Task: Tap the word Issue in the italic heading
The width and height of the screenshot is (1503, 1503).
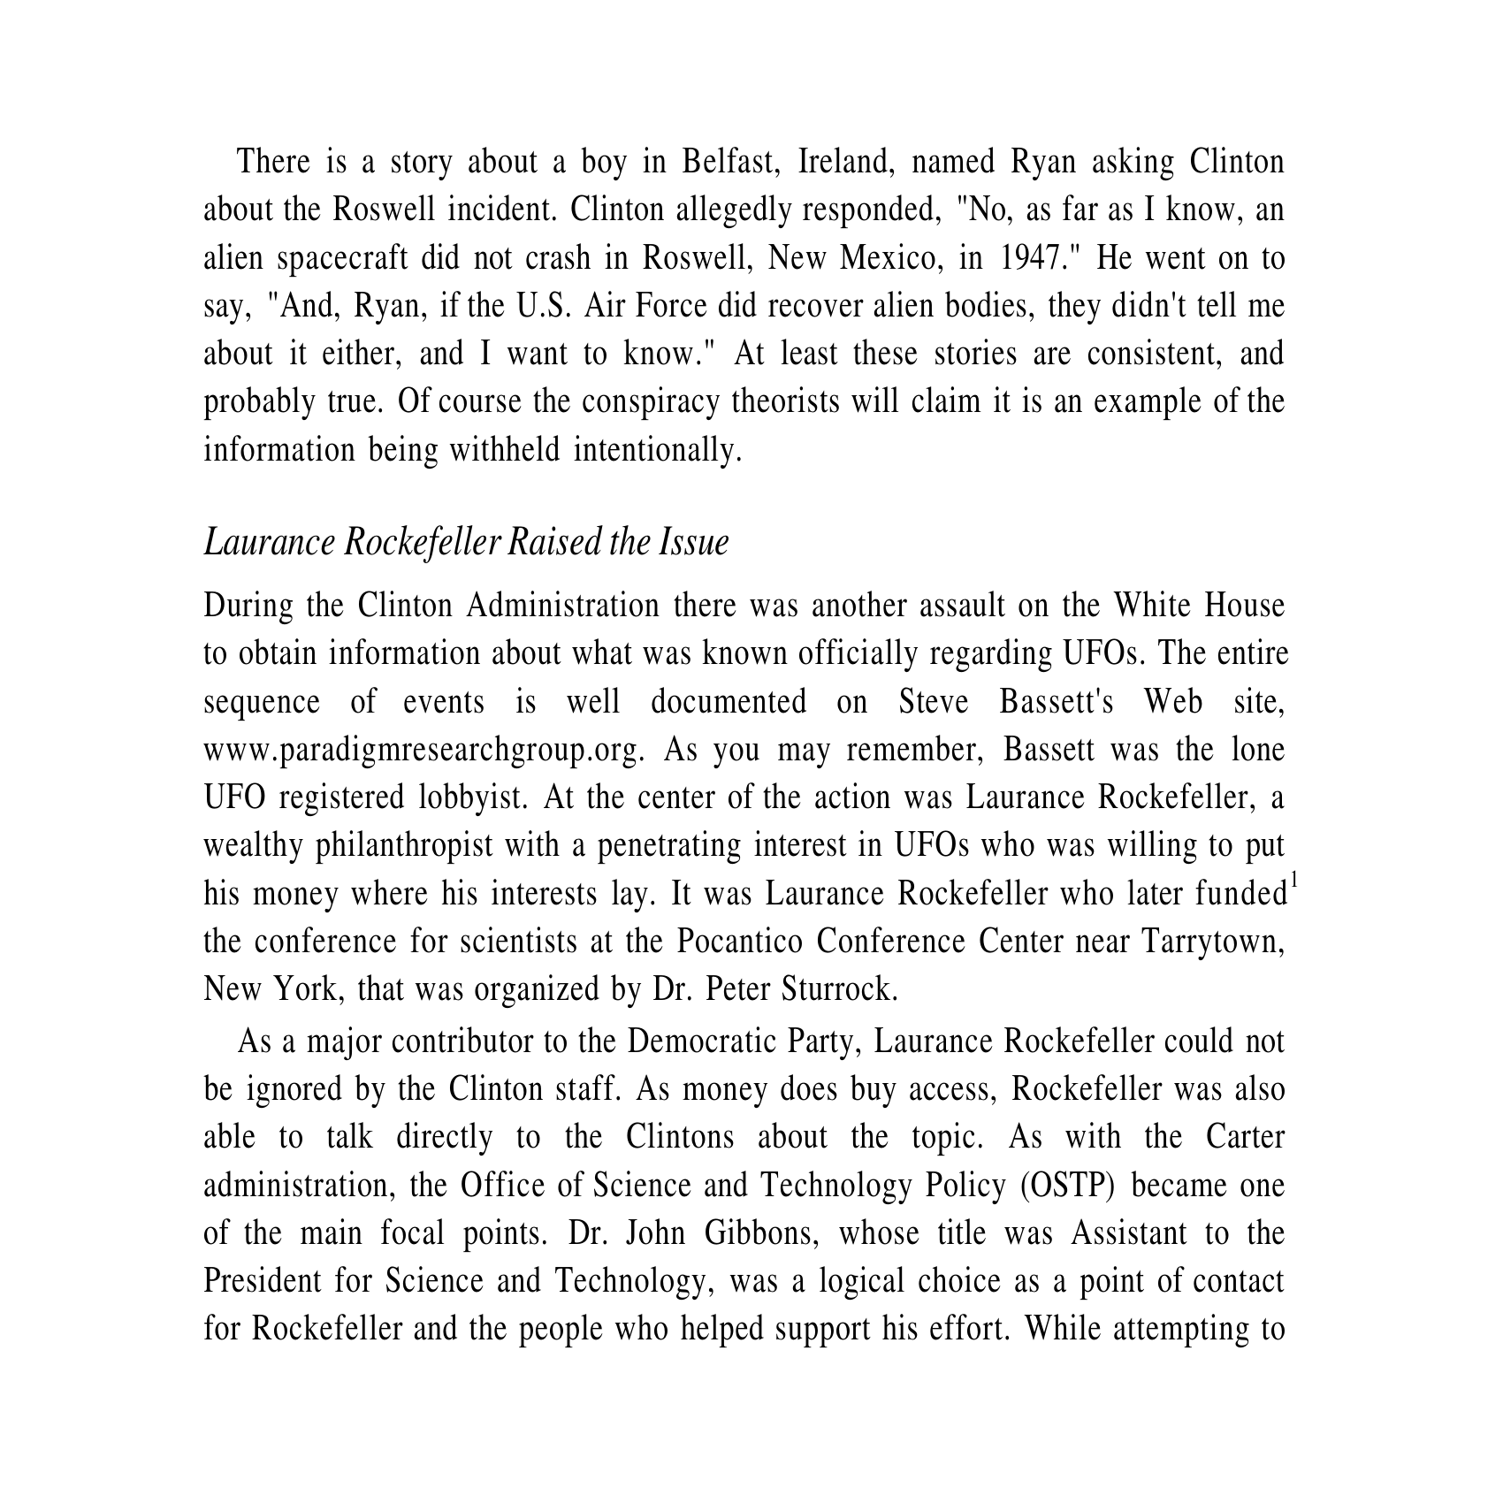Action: click(x=693, y=542)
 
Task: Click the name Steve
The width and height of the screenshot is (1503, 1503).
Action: click(x=934, y=702)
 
